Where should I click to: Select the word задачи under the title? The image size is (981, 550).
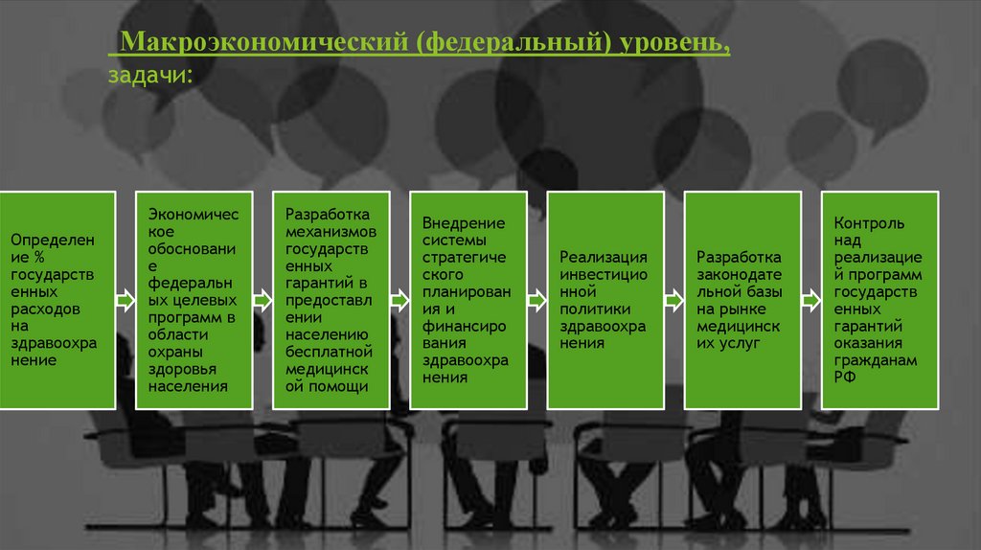click(x=149, y=75)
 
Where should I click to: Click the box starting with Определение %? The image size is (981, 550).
click(x=57, y=300)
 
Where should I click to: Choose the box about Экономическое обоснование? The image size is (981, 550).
click(x=194, y=300)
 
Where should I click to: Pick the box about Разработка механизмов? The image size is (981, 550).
click(x=331, y=300)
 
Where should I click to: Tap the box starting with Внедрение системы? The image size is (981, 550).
click(x=468, y=300)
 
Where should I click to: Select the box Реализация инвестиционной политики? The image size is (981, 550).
click(x=605, y=300)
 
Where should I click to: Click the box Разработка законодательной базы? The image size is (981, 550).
click(x=742, y=300)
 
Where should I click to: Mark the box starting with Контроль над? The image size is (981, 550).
click(x=879, y=300)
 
